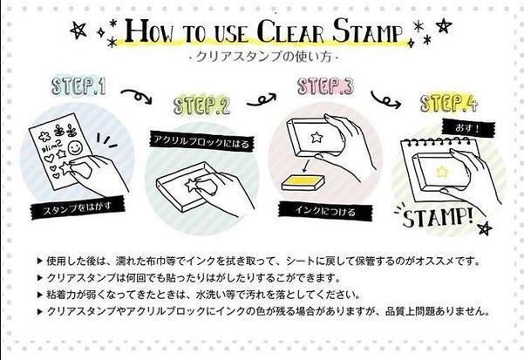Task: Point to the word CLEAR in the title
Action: tap(279, 32)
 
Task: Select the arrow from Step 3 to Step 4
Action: tap(384, 94)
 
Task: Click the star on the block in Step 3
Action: tap(311, 137)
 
